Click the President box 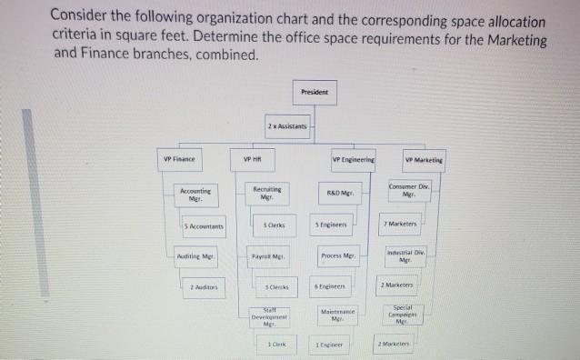(315, 92)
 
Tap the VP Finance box (179, 160)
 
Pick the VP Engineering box (352, 160)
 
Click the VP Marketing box (424, 160)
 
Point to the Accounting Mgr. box (195, 194)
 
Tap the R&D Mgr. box (339, 194)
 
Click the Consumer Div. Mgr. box (409, 192)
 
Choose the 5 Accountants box (203, 225)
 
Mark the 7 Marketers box (401, 224)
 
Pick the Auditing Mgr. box (195, 256)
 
